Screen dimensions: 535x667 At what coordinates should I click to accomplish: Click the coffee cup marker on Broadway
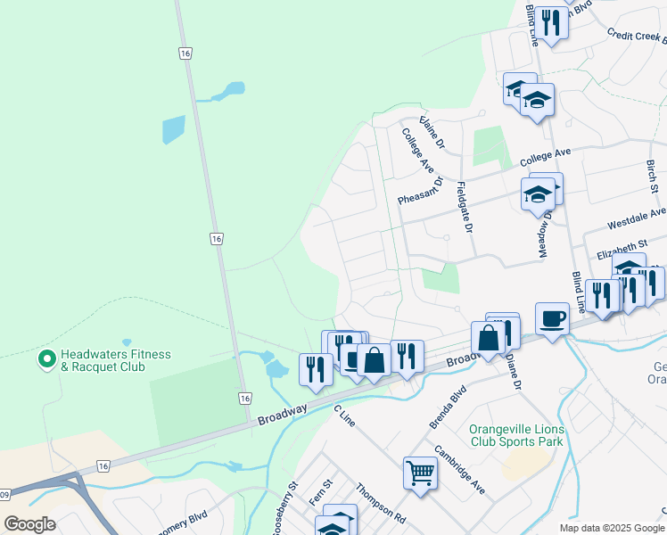click(x=552, y=318)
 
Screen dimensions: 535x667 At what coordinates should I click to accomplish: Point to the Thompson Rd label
click(x=381, y=503)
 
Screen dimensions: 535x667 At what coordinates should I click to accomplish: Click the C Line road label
click(x=344, y=415)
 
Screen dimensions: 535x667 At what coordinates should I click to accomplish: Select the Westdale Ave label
click(x=636, y=218)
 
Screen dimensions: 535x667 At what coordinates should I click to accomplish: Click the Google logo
click(x=30, y=523)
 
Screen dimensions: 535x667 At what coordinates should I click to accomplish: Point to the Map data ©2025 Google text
click(x=611, y=528)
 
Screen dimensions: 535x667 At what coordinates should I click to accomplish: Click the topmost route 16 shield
click(x=185, y=53)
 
